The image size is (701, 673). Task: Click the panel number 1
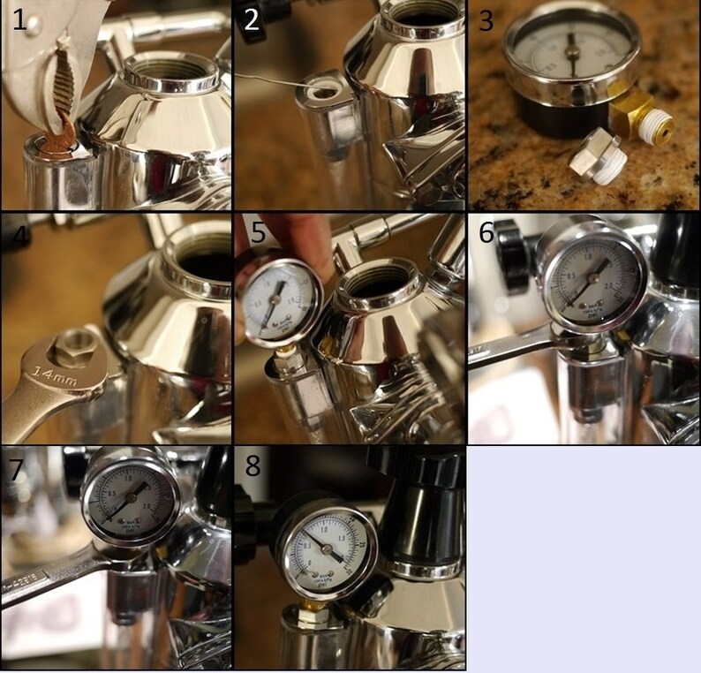click(19, 19)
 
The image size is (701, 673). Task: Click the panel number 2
click(253, 19)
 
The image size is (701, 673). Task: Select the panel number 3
click(486, 19)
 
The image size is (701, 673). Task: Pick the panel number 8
click(253, 465)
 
